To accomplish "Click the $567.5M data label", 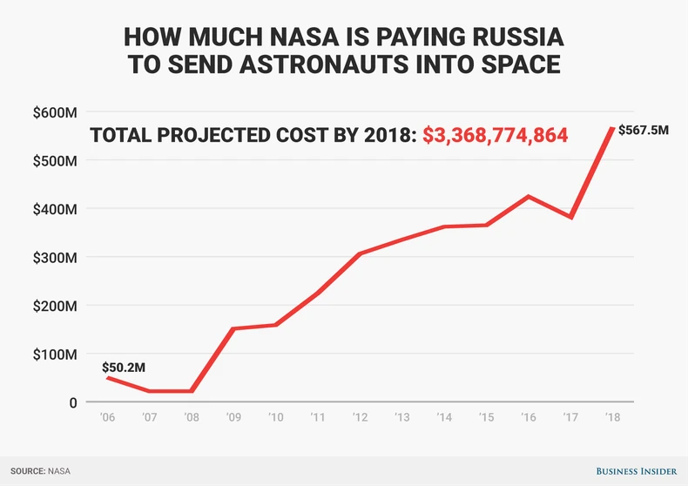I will (x=644, y=131).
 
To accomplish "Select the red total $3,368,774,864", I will (x=496, y=136).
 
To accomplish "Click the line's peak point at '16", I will (x=528, y=196).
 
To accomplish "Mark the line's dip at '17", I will (x=570, y=217).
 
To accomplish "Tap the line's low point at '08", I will (x=192, y=391).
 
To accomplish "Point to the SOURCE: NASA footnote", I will (x=41, y=471).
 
